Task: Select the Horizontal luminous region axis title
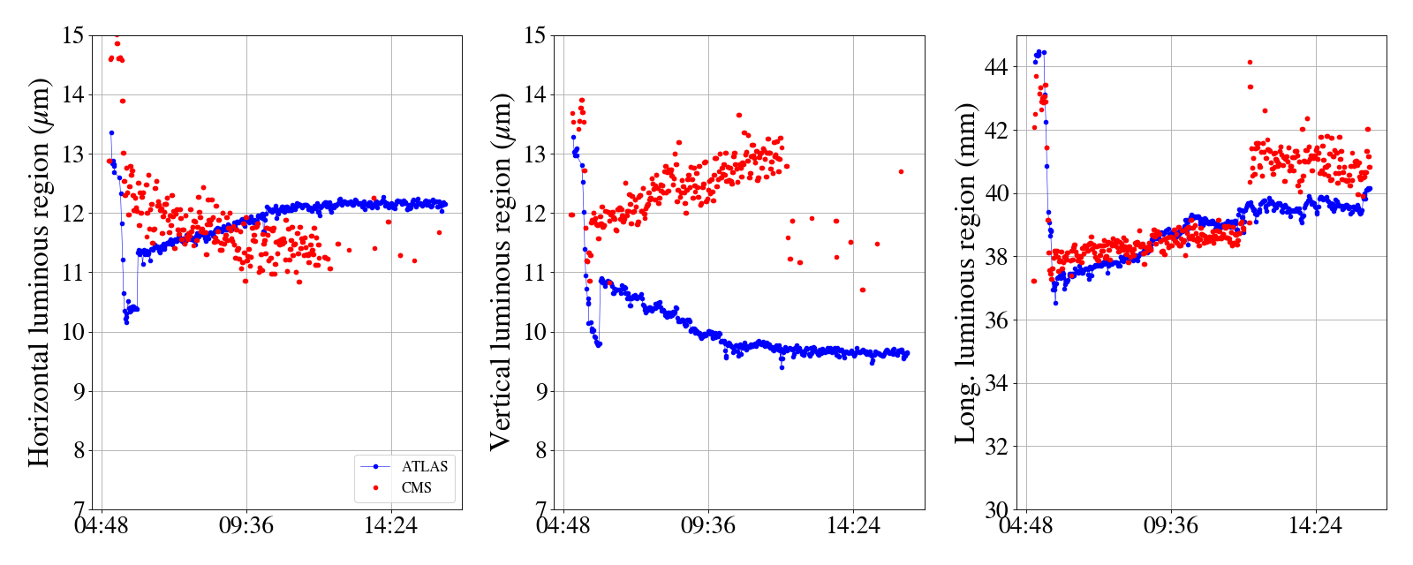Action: (39, 272)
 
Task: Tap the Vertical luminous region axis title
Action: (501, 272)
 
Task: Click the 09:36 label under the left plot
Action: (246, 526)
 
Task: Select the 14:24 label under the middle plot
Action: (853, 526)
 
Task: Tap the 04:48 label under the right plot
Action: (1026, 526)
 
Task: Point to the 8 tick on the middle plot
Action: (542, 450)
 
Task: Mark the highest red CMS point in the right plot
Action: (1250, 62)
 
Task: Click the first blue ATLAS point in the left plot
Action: (111, 132)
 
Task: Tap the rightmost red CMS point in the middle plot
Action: (901, 171)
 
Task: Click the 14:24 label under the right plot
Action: (1315, 526)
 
